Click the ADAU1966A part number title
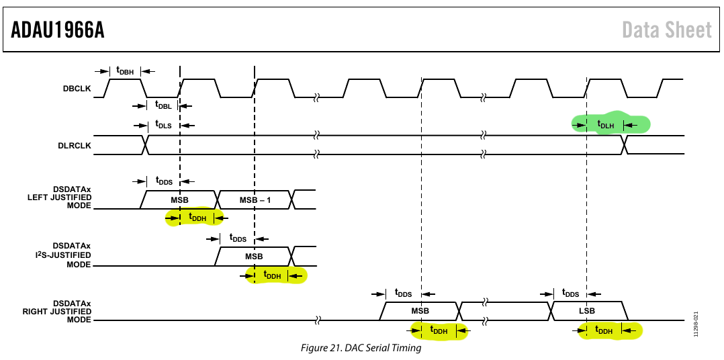58,30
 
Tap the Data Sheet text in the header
667,30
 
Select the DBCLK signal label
77,89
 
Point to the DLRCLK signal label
75,145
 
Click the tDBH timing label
125,71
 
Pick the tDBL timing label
163,105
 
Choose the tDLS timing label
163,125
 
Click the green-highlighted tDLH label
605,124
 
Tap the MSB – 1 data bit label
255,200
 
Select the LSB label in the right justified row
586,310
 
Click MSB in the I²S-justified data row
254,256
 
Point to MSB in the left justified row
180,200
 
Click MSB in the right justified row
420,310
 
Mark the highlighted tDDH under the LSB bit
604,330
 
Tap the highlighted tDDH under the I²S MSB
272,275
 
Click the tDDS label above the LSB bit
570,293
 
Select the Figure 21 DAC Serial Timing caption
361,347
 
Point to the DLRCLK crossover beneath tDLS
146,145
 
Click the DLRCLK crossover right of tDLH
625,145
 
